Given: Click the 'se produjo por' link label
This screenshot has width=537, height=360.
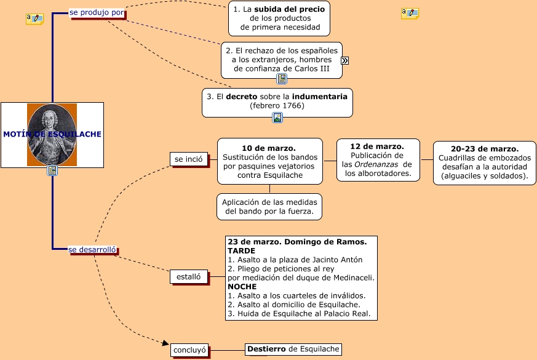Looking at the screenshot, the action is pyautogui.click(x=97, y=12).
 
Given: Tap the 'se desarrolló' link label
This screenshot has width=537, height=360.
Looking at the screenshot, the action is pyautogui.click(x=92, y=249).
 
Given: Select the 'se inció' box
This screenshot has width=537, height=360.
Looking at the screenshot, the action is pyautogui.click(x=188, y=159).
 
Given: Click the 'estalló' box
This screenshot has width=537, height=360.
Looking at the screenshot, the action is pyautogui.click(x=188, y=277).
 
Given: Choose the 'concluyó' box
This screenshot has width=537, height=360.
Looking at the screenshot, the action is pyautogui.click(x=189, y=350).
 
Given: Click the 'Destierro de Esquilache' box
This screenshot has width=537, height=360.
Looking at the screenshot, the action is pyautogui.click(x=293, y=350).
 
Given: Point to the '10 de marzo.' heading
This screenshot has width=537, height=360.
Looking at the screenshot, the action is pyautogui.click(x=269, y=148).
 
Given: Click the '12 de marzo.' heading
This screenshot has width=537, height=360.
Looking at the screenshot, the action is pyautogui.click(x=376, y=146).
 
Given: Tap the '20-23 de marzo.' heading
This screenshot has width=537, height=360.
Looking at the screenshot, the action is pyautogui.click(x=485, y=149).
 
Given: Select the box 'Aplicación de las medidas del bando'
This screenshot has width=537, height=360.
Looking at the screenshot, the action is pyautogui.click(x=269, y=207).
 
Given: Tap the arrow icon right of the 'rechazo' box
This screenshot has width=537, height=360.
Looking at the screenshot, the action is pyautogui.click(x=345, y=60).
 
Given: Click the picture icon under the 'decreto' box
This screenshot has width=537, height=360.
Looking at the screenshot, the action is pyautogui.click(x=277, y=118).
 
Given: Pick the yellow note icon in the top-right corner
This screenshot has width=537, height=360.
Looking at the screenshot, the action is pyautogui.click(x=410, y=13).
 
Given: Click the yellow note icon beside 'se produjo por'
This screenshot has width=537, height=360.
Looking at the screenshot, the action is pyautogui.click(x=34, y=19).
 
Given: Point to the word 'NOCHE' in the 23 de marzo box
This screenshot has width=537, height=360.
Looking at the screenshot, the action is pyautogui.click(x=242, y=286).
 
